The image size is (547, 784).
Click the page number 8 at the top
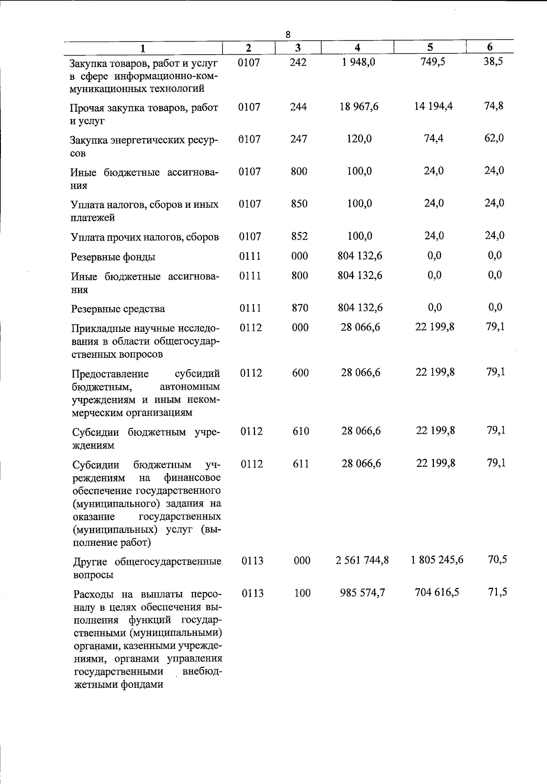click(288, 34)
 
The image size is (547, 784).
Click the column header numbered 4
click(357, 47)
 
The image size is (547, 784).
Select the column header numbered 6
click(490, 47)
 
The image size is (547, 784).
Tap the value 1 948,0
click(358, 62)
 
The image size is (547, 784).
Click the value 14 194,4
click(433, 107)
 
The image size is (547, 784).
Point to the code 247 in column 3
click(299, 139)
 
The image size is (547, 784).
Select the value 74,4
click(433, 139)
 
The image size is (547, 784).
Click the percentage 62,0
click(494, 138)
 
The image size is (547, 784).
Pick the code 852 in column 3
click(299, 236)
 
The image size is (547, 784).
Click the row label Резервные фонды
click(113, 257)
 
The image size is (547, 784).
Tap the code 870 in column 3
click(300, 308)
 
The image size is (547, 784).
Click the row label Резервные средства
click(118, 309)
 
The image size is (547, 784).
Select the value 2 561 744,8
click(362, 560)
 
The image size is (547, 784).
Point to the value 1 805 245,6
click(437, 560)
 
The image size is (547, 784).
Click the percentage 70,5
click(497, 559)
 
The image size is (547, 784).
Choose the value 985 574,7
click(362, 593)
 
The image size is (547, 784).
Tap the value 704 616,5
click(437, 592)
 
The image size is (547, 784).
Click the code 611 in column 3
click(301, 464)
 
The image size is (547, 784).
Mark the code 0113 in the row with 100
click(253, 593)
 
